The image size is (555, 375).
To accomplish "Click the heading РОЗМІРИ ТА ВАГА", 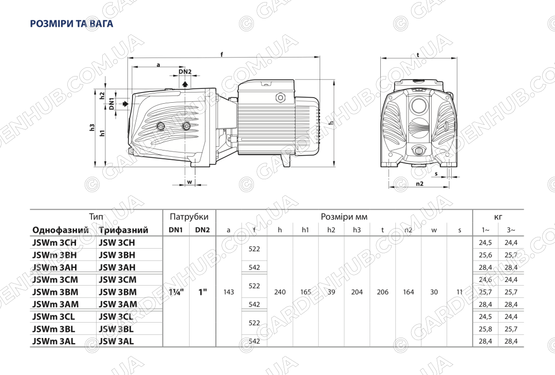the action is click(x=71, y=24).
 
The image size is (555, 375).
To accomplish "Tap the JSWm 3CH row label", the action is click(x=54, y=242).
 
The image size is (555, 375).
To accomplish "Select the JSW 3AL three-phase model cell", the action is click(x=116, y=342).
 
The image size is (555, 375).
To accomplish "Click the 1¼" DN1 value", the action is click(x=176, y=292).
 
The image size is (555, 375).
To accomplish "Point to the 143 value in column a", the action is click(x=229, y=292).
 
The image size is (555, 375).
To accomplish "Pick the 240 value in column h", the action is click(x=280, y=292).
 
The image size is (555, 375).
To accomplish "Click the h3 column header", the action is click(x=357, y=230).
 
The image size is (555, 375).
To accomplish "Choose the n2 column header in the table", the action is click(x=408, y=230).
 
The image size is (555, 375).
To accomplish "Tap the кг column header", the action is click(x=498, y=217).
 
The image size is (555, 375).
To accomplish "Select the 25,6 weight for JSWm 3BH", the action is click(x=485, y=255).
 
